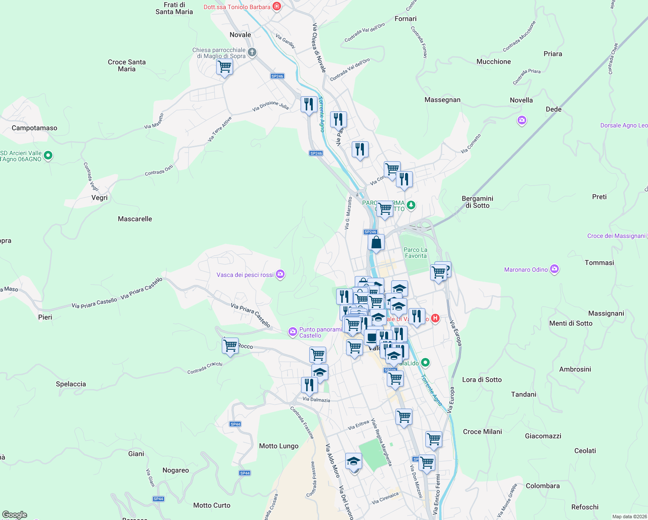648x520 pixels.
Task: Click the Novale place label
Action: pyautogui.click(x=240, y=35)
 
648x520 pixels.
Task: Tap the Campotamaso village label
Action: pyautogui.click(x=34, y=128)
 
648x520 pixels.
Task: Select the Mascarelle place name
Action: pyautogui.click(x=135, y=219)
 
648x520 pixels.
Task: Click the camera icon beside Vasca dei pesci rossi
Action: pyautogui.click(x=280, y=274)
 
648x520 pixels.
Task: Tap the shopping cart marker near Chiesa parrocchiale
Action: pyautogui.click(x=224, y=68)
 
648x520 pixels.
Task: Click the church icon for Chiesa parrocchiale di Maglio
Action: pyautogui.click(x=252, y=52)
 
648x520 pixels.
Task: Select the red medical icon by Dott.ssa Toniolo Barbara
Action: pyautogui.click(x=277, y=6)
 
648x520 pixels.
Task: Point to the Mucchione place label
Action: pyautogui.click(x=493, y=62)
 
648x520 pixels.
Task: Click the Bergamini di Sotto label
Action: pyautogui.click(x=477, y=202)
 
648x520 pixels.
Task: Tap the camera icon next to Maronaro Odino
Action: pyautogui.click(x=554, y=269)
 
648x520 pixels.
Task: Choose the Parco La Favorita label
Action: pyautogui.click(x=415, y=253)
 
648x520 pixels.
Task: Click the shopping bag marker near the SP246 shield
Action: pyautogui.click(x=376, y=243)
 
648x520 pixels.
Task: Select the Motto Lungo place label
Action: pyautogui.click(x=279, y=446)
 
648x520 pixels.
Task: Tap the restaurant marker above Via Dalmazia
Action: pyautogui.click(x=309, y=385)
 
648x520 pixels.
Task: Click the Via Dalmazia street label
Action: pyautogui.click(x=316, y=400)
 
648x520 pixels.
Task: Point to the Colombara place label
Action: pyautogui.click(x=542, y=486)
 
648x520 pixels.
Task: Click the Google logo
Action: pyautogui.click(x=14, y=515)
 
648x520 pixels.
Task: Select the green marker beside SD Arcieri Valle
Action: pyautogui.click(x=48, y=155)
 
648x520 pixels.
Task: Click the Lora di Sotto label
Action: pyautogui.click(x=482, y=380)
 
